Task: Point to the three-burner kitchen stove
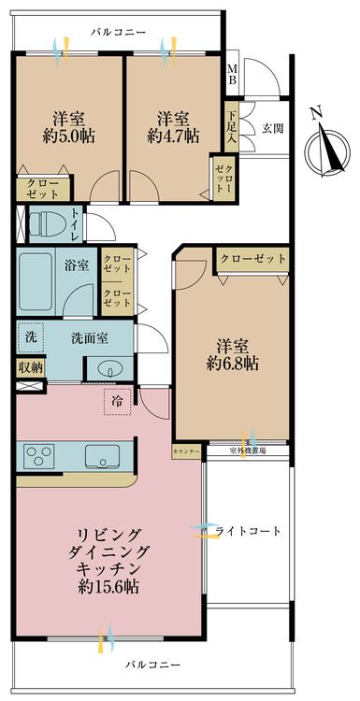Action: [x=40, y=456]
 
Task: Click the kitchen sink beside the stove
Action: [x=100, y=456]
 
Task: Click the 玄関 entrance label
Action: [x=272, y=128]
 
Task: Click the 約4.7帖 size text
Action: [x=173, y=136]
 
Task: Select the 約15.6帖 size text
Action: [x=108, y=587]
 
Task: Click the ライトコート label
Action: [x=248, y=531]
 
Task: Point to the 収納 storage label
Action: [x=30, y=366]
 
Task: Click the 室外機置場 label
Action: [x=248, y=451]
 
